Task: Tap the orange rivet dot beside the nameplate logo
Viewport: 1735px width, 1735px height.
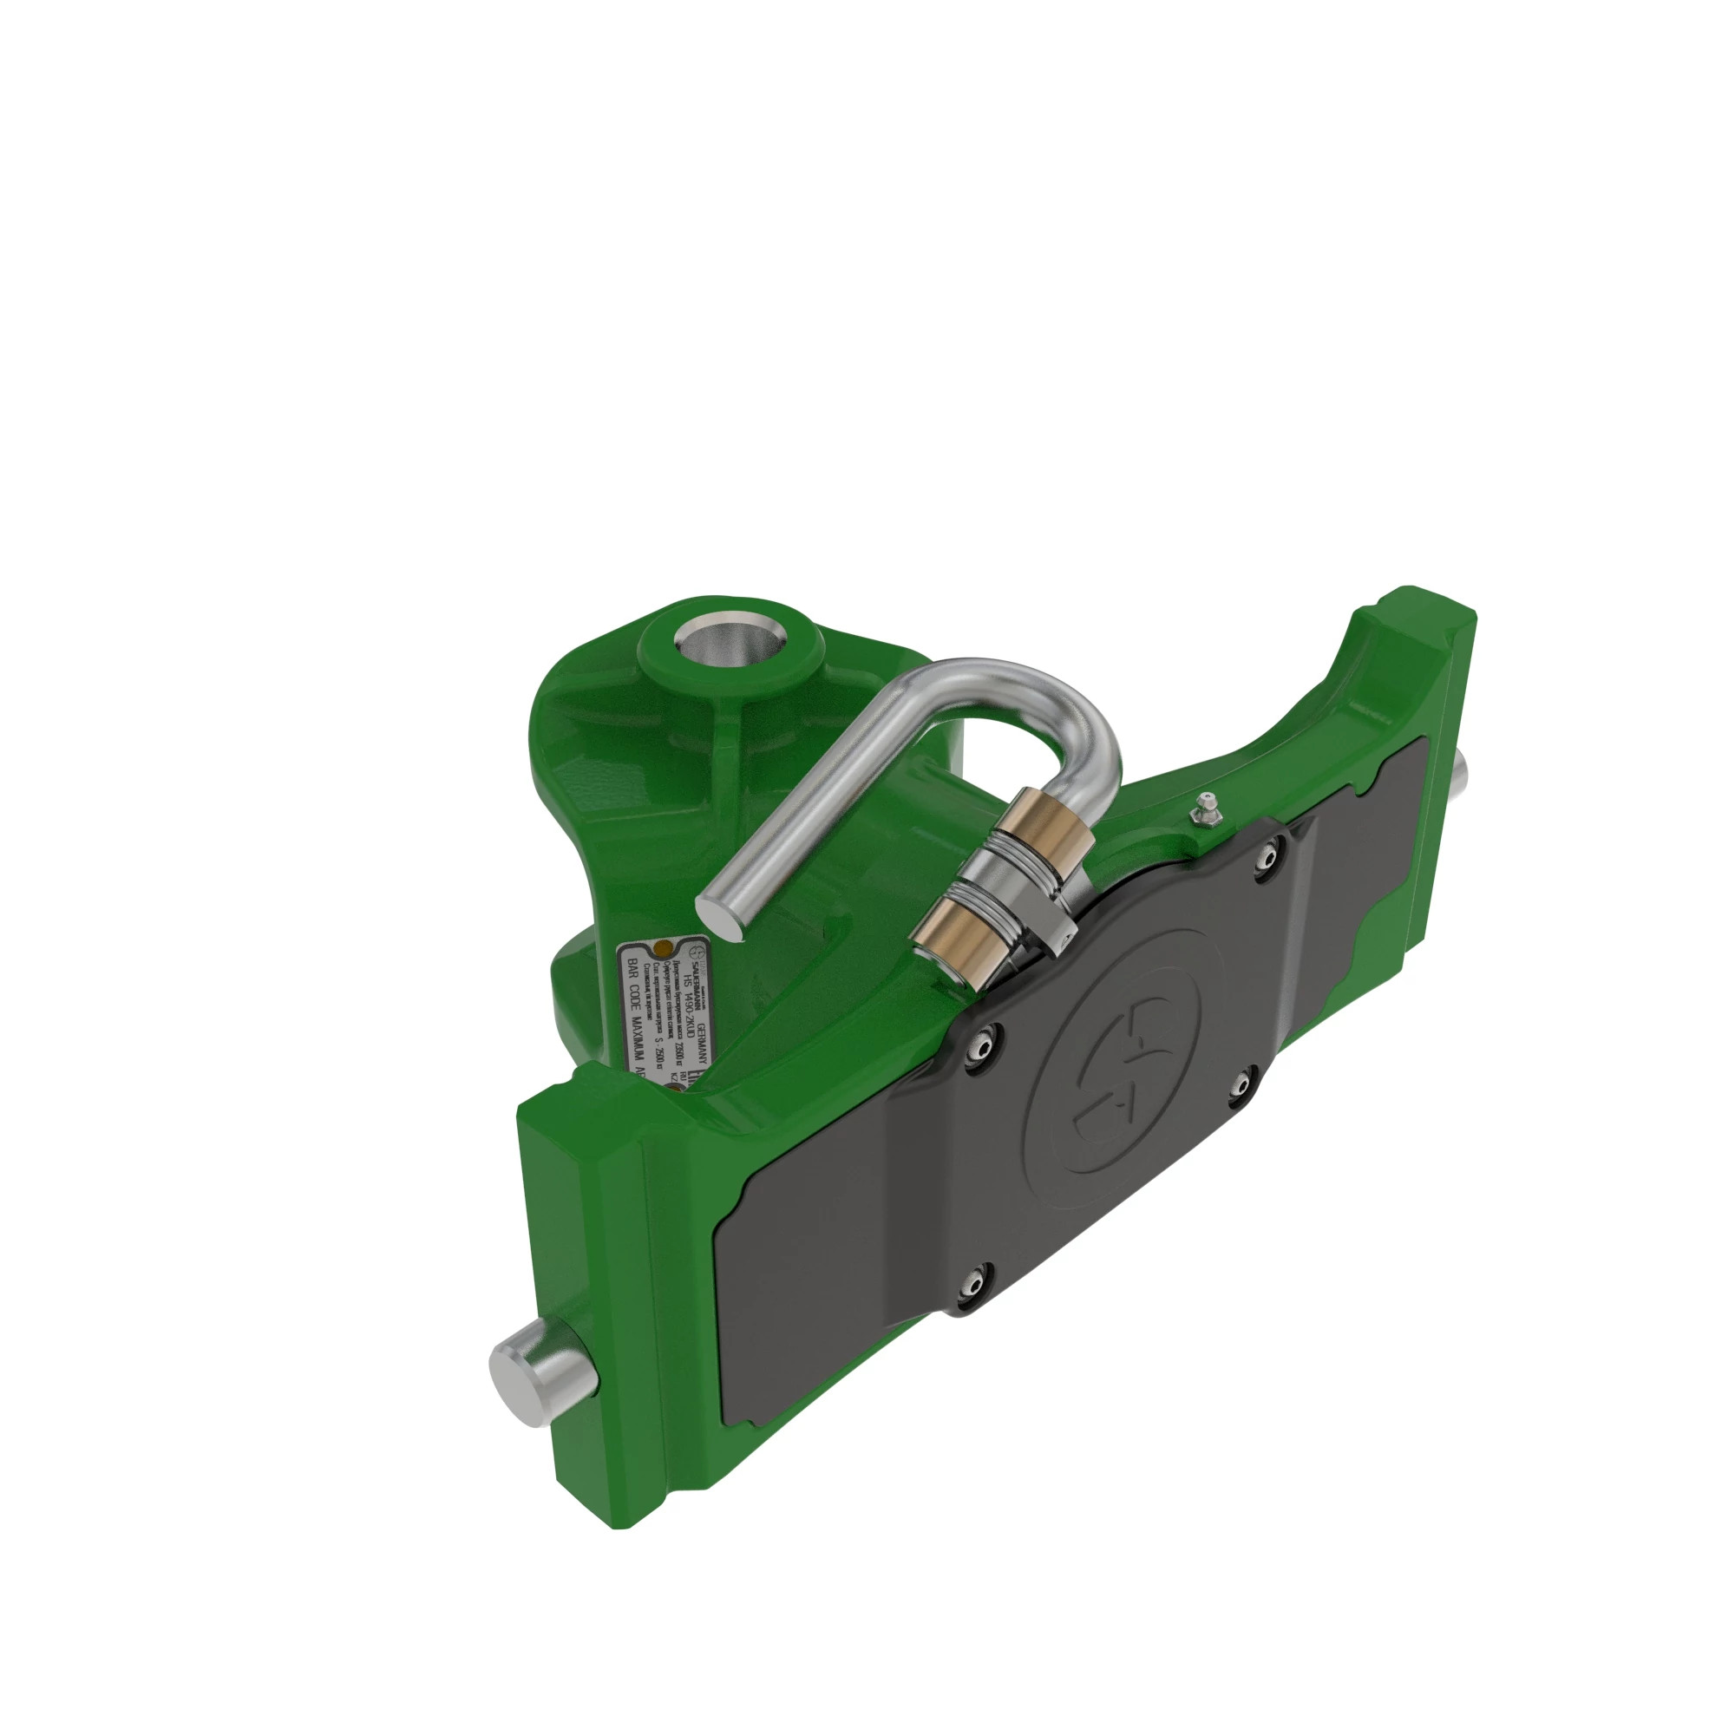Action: pos(664,948)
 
